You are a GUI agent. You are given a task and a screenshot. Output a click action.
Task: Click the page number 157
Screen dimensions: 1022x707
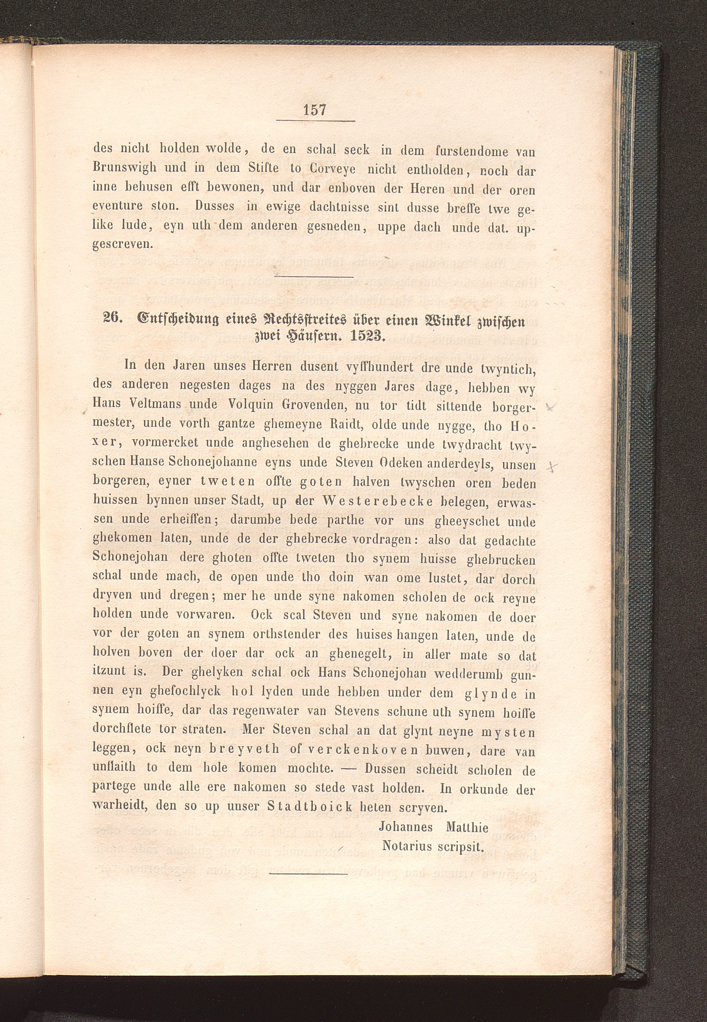pyautogui.click(x=315, y=109)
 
